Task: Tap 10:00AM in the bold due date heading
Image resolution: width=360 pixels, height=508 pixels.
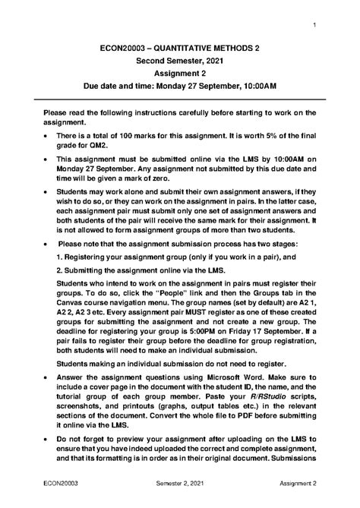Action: click(259, 86)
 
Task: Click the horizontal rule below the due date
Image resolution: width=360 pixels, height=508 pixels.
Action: click(179, 98)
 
